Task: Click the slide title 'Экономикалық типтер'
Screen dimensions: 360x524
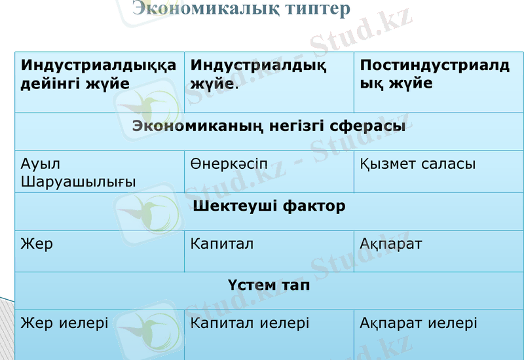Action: tap(241, 9)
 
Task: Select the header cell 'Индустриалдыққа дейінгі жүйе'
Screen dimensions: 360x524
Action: tap(98, 74)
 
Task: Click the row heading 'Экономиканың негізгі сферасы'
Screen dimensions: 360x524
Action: tap(269, 126)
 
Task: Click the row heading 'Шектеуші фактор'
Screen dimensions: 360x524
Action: tap(269, 206)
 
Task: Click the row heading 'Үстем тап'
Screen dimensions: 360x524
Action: tap(269, 285)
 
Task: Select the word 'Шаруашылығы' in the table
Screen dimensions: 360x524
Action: tap(78, 181)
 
